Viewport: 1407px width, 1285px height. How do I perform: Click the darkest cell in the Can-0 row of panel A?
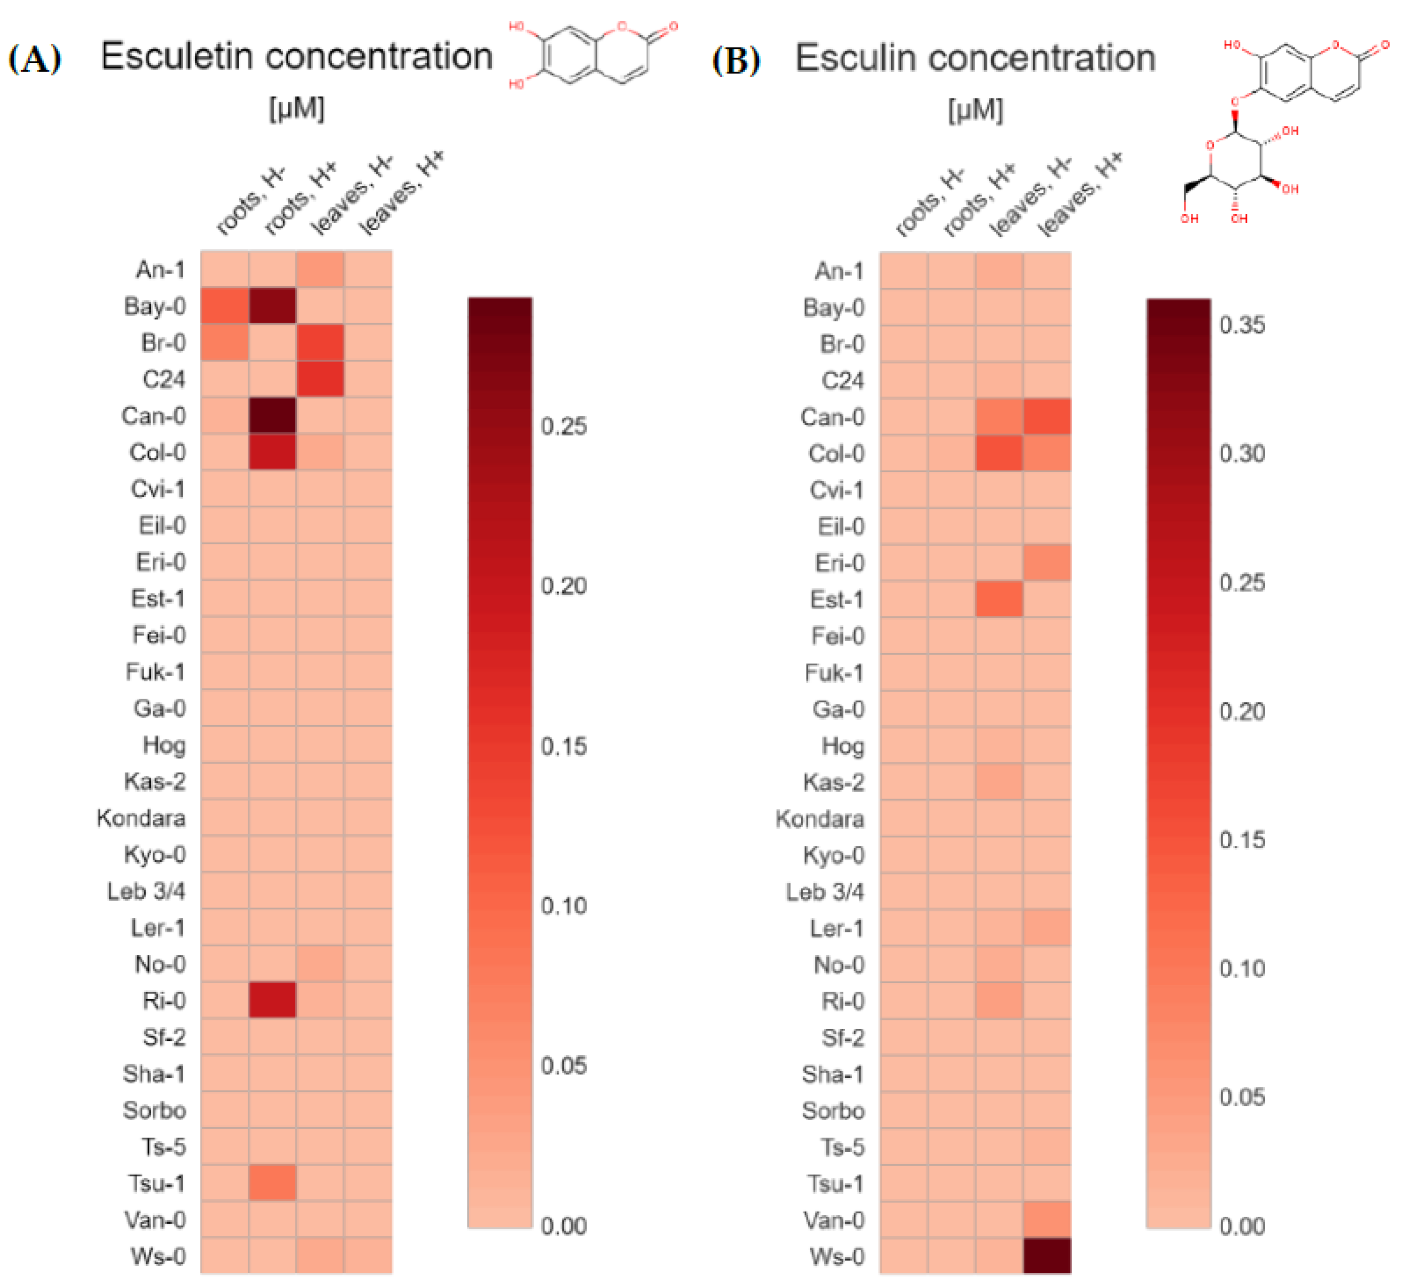[x=272, y=416]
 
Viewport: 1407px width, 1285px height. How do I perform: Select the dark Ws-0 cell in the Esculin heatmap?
[x=1046, y=1256]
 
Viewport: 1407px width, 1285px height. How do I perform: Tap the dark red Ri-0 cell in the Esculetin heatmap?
[x=272, y=1000]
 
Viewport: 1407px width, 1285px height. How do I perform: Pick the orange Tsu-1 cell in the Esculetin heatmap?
[x=272, y=1182]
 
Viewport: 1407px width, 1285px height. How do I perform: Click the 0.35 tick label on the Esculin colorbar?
[x=1242, y=325]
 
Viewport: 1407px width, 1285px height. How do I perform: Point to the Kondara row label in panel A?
[x=141, y=817]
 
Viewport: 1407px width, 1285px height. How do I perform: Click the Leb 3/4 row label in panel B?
[x=824, y=891]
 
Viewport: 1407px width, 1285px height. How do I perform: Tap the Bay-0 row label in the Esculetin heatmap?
[x=154, y=306]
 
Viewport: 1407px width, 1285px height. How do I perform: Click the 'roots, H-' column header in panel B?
[x=929, y=202]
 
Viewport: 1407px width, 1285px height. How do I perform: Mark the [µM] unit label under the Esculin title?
[x=975, y=110]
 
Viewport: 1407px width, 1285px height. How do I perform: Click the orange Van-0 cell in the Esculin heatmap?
[x=1046, y=1220]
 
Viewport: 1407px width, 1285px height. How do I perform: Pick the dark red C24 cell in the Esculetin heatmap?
[x=320, y=379]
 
